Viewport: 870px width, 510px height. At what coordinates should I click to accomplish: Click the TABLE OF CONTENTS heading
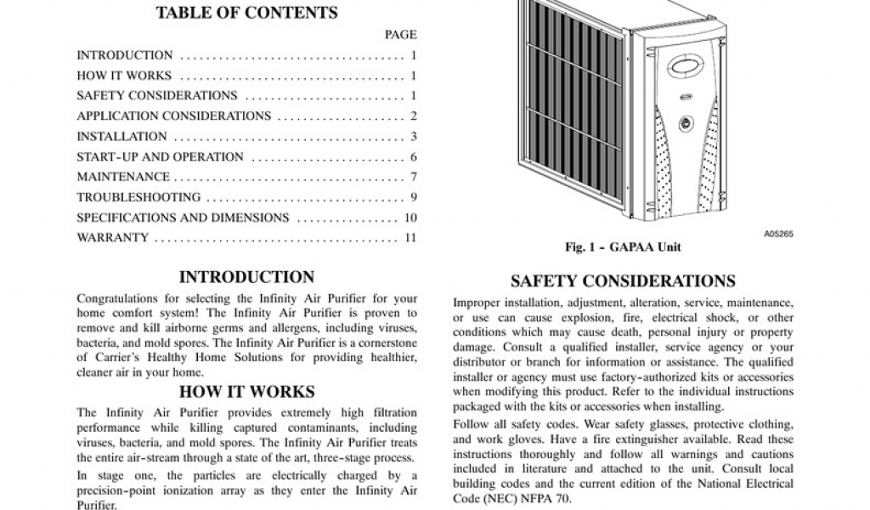click(247, 13)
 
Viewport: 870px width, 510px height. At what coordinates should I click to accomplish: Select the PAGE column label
click(400, 35)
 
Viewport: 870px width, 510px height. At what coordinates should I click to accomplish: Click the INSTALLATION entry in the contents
click(121, 137)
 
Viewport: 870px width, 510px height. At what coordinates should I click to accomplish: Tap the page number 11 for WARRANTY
click(410, 238)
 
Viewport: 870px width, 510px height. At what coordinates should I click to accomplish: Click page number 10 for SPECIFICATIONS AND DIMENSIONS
click(410, 218)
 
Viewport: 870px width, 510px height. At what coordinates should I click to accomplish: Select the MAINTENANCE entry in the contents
click(123, 177)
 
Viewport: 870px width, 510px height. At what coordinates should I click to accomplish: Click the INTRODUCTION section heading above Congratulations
click(246, 277)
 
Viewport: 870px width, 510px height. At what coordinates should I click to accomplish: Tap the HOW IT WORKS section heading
click(246, 392)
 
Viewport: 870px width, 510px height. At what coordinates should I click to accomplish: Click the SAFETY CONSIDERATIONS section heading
click(623, 281)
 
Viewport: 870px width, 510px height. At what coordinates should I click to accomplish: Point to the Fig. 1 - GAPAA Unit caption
click(623, 247)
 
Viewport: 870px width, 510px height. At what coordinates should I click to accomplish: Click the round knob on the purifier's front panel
click(685, 123)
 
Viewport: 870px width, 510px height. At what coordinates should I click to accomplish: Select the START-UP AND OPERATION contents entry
click(160, 157)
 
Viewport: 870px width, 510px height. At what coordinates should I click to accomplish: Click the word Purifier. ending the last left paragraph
click(96, 504)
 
